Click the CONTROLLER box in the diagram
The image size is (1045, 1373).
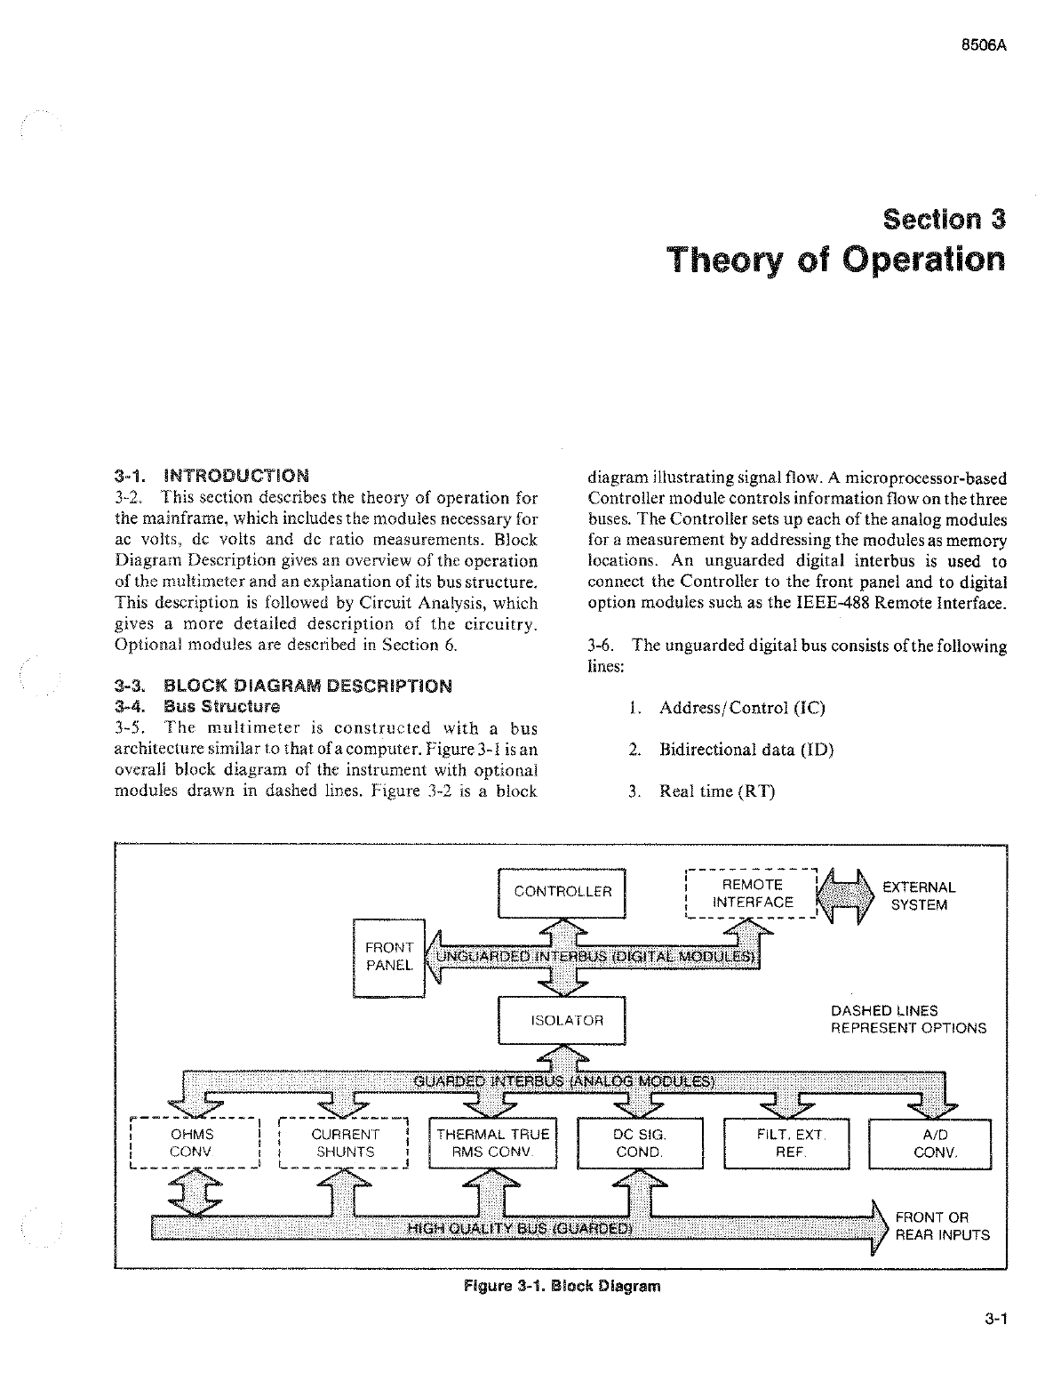coord(562,892)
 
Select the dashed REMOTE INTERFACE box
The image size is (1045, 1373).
coord(753,894)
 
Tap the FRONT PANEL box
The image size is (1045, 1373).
coord(388,957)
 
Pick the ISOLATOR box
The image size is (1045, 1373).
coord(562,1020)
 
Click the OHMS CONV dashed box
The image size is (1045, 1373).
coord(193,1144)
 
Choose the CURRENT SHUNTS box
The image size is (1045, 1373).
coord(344,1144)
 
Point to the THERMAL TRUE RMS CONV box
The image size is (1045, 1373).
coord(493,1144)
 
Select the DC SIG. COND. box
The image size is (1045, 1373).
coord(640,1144)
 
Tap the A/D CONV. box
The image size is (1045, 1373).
coord(929,1144)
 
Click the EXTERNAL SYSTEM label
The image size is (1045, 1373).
coord(919,896)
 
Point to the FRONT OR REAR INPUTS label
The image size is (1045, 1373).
coord(942,1226)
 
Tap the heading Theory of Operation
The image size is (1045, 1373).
coord(836,260)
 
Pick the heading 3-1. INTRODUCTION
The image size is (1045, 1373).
coord(212,476)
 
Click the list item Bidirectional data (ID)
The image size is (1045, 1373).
coord(746,750)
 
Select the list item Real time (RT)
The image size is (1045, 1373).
coord(716,791)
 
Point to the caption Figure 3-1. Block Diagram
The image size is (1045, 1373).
coord(562,1286)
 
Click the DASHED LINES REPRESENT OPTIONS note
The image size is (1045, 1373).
coord(908,1019)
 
